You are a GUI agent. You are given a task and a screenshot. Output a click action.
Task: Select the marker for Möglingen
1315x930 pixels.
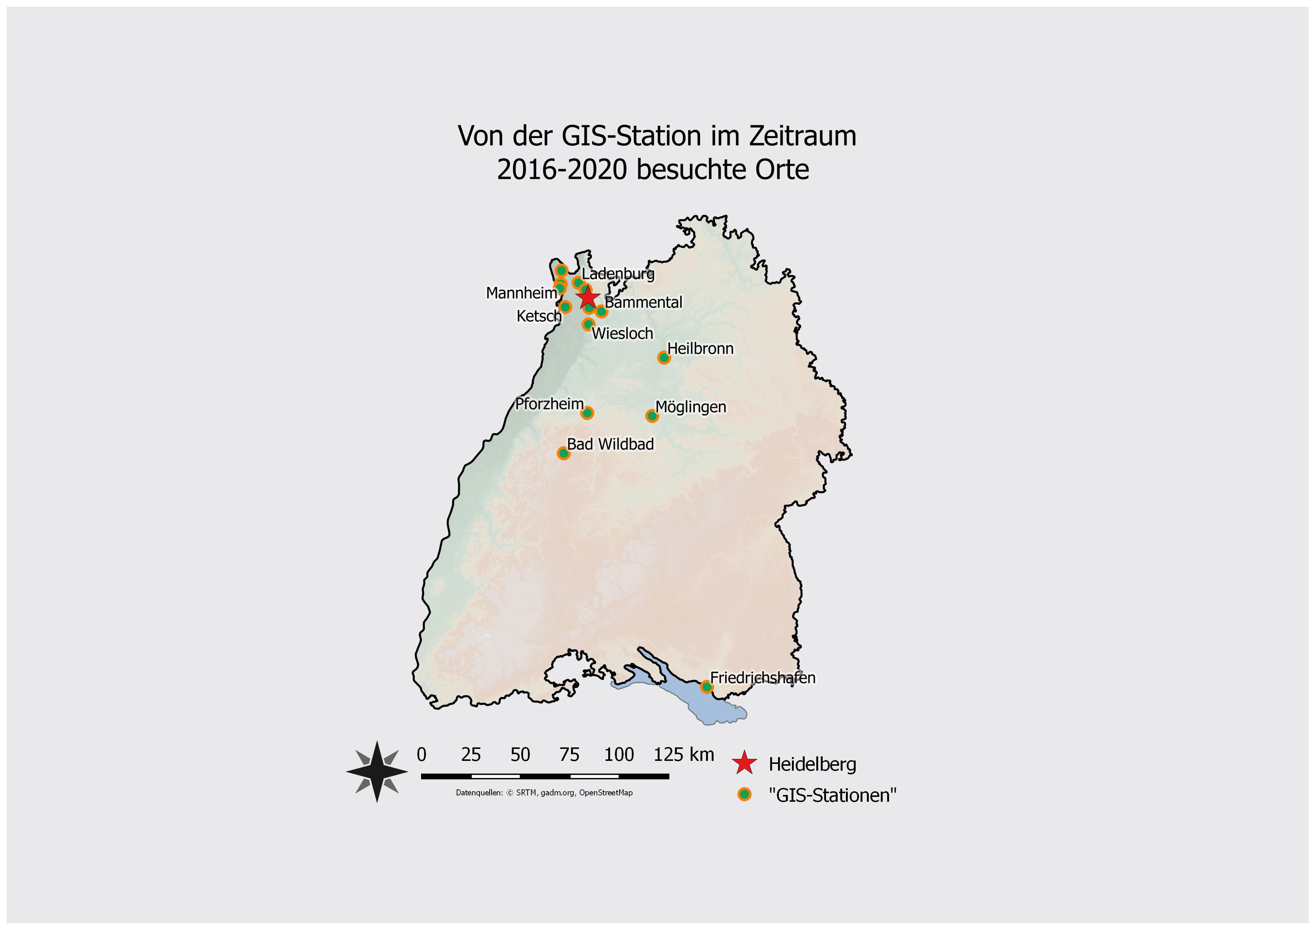pyautogui.click(x=652, y=416)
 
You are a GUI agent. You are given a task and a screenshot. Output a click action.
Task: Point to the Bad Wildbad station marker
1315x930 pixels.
pyautogui.click(x=564, y=453)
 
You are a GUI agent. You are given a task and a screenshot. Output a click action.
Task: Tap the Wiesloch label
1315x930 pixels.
pyautogui.click(x=622, y=333)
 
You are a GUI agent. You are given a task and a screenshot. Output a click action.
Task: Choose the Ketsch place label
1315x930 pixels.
pyautogui.click(x=538, y=316)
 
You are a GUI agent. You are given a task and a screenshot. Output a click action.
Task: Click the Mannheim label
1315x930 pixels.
pyautogui.click(x=520, y=293)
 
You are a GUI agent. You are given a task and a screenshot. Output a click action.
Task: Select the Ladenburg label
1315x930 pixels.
pyautogui.click(x=618, y=274)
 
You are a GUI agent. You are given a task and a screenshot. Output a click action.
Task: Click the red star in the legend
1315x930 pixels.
pyautogui.click(x=744, y=763)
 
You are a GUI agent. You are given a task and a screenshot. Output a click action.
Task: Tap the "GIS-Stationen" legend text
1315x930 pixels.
pyautogui.click(x=832, y=795)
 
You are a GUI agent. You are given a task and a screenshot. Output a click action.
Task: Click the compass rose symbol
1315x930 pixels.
pyautogui.click(x=377, y=771)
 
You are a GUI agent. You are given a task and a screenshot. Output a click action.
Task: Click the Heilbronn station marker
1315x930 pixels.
pyautogui.click(x=664, y=358)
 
